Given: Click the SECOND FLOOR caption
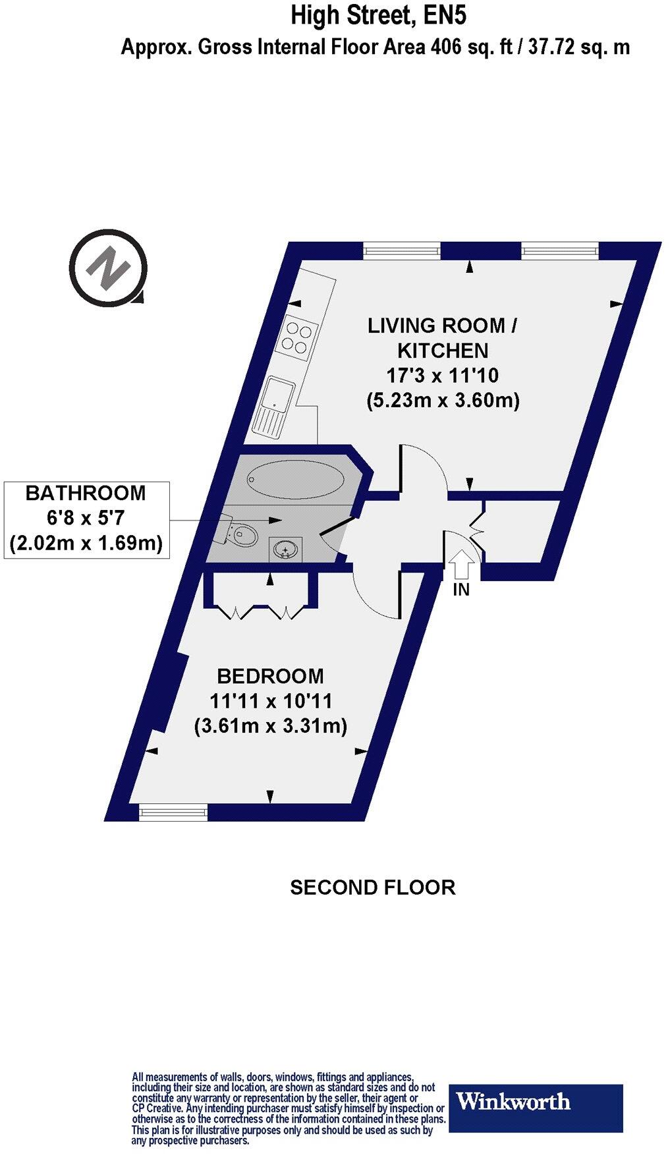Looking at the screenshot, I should tap(372, 887).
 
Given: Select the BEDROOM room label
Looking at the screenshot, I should tap(271, 676).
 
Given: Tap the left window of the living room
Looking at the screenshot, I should tap(401, 250).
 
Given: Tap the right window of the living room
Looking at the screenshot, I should tap(560, 250).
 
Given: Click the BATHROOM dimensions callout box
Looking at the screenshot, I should tap(86, 519).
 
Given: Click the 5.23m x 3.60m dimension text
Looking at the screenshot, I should tap(443, 401).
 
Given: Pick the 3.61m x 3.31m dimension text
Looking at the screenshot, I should tap(271, 726).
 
